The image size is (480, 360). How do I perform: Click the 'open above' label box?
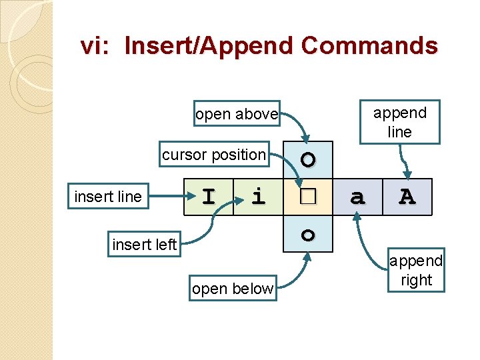[236, 114]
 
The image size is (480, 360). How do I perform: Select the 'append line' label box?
[399, 122]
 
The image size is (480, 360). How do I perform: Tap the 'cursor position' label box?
[213, 155]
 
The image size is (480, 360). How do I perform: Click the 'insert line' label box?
[108, 197]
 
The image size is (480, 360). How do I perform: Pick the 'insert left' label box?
[144, 245]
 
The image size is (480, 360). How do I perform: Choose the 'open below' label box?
[232, 289]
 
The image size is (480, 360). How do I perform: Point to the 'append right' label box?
[416, 270]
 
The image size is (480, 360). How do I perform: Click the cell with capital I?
[209, 197]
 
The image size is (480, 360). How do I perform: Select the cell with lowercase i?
[258, 197]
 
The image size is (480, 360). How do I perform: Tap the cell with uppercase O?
[307, 161]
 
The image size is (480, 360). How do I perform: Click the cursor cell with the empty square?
[307, 197]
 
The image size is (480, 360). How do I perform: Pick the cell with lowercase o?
[307, 234]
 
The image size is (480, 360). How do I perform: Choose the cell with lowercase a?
[357, 197]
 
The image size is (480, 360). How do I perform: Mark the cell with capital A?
[407, 197]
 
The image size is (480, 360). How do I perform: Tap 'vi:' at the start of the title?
[98, 46]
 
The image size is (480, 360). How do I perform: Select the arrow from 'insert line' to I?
[167, 197]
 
